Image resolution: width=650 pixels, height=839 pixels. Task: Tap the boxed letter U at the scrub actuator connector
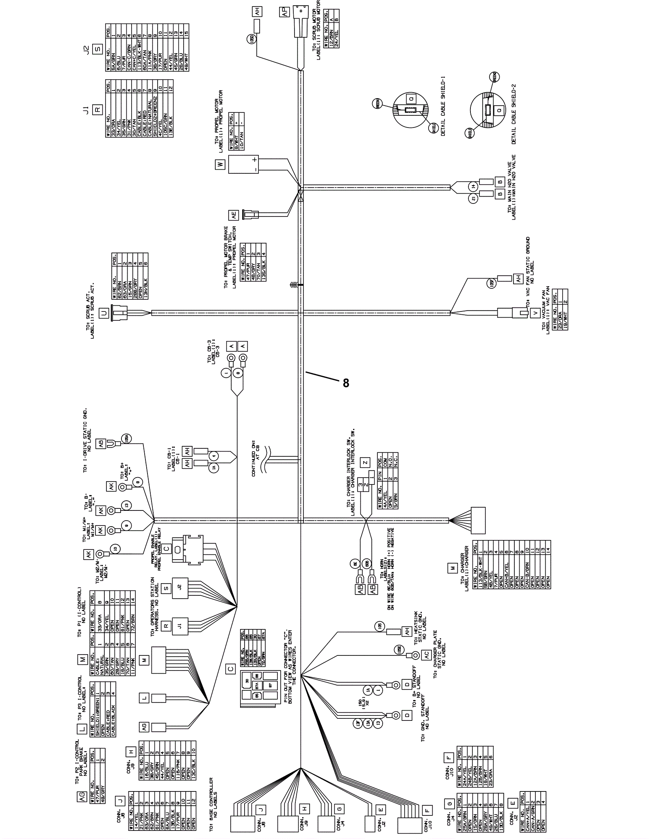pos(104,313)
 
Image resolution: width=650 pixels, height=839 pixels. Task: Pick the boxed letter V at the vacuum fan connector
pos(535,313)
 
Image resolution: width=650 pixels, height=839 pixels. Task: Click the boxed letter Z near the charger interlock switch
pos(365,462)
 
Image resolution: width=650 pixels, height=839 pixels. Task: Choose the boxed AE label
pos(234,216)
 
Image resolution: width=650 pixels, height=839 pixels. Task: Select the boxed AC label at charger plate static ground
pos(426,655)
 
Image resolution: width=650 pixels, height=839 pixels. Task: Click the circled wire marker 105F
pos(492,283)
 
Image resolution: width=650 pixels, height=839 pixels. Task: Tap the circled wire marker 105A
pos(127,439)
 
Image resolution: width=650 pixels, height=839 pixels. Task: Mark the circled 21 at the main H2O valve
pos(473,199)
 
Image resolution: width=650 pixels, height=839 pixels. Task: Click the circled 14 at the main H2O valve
pos(473,186)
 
